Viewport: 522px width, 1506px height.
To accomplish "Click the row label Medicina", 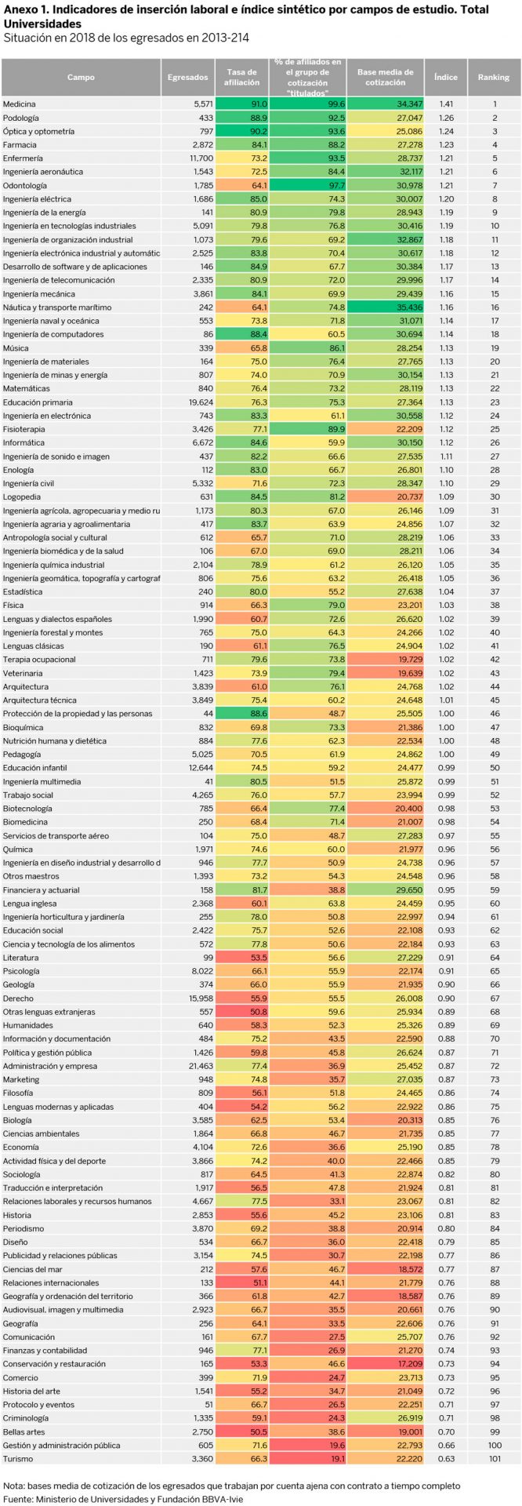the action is coord(20,104).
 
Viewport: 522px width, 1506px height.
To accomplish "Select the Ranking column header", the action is coord(494,77).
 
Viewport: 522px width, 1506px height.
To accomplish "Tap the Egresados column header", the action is coord(188,77).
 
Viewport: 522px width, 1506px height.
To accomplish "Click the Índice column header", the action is coord(446,77).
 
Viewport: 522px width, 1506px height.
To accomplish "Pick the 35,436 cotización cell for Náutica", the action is coord(386,307).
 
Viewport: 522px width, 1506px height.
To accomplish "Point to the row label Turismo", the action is coord(18,1459).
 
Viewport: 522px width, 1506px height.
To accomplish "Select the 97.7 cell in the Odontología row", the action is coord(308,185).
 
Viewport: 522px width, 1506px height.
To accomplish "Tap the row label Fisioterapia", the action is coord(24,429).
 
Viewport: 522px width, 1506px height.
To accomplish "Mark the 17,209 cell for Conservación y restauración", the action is coord(386,1364).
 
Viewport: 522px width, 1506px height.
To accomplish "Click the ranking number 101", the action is coord(495,1459).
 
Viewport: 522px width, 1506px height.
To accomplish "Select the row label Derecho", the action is coord(18,999).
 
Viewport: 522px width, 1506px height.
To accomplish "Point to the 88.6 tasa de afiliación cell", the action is coord(242,714).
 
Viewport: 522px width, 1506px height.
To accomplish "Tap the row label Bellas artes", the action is coord(24,1431).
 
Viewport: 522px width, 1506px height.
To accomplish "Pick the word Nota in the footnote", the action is coord(14,1486).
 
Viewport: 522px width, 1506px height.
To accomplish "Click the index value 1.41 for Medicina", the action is coord(447,104).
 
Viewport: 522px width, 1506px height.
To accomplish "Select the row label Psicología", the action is coord(22,971).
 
